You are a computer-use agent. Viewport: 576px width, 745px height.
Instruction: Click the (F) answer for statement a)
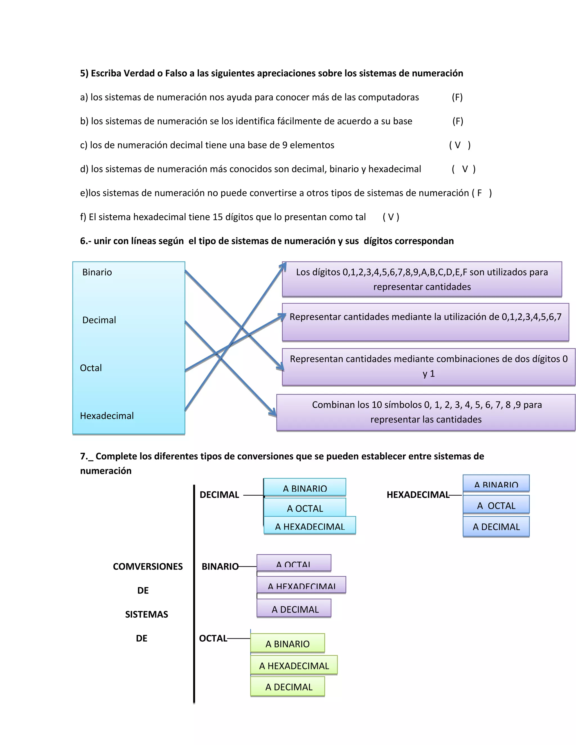(x=457, y=98)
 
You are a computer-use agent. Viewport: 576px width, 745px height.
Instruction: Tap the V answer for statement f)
(x=391, y=217)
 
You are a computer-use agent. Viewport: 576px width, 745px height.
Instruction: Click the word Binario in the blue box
(x=97, y=272)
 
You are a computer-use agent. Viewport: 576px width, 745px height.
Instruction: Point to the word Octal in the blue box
(x=91, y=368)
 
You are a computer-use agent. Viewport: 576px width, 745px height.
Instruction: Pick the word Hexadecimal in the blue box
(x=107, y=416)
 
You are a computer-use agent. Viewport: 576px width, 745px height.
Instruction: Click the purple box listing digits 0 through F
(x=422, y=279)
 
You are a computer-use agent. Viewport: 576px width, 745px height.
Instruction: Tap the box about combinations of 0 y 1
(x=429, y=367)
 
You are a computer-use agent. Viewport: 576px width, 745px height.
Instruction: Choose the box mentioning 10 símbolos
(x=426, y=412)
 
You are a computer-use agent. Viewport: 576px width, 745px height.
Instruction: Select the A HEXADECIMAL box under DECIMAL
(x=310, y=526)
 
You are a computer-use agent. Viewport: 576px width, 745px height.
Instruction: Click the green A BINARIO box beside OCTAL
(x=288, y=644)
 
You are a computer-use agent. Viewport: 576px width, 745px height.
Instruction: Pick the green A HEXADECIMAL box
(x=294, y=665)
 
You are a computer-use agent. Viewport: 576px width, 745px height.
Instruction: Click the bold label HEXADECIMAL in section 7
(x=418, y=495)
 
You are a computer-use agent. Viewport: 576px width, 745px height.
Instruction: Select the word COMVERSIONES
(x=148, y=566)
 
